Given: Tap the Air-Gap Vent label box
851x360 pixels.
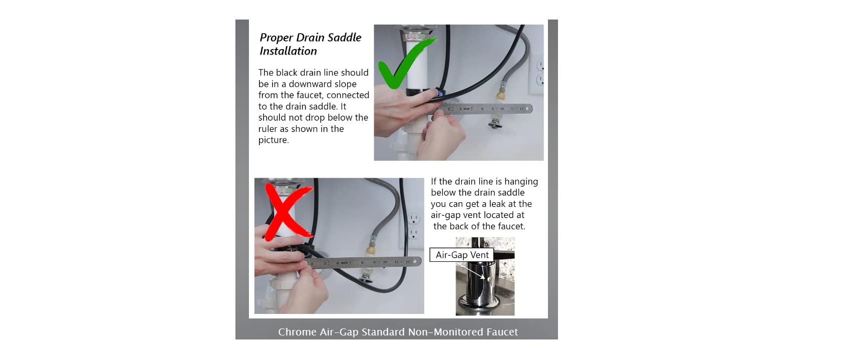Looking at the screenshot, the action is point(462,255).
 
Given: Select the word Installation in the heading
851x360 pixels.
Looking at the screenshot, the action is point(288,51).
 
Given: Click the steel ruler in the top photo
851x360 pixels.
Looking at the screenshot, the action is point(482,109).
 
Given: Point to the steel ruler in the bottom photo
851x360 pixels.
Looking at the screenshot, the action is point(364,262).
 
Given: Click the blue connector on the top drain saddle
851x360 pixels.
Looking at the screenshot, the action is point(440,93).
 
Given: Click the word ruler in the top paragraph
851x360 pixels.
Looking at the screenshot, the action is point(268,129).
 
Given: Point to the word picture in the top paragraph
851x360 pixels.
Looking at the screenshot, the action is point(273,140).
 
